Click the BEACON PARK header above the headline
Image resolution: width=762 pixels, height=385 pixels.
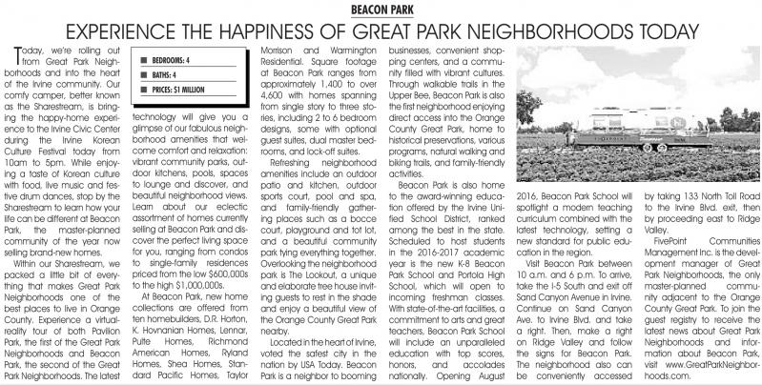(x=381, y=8)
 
